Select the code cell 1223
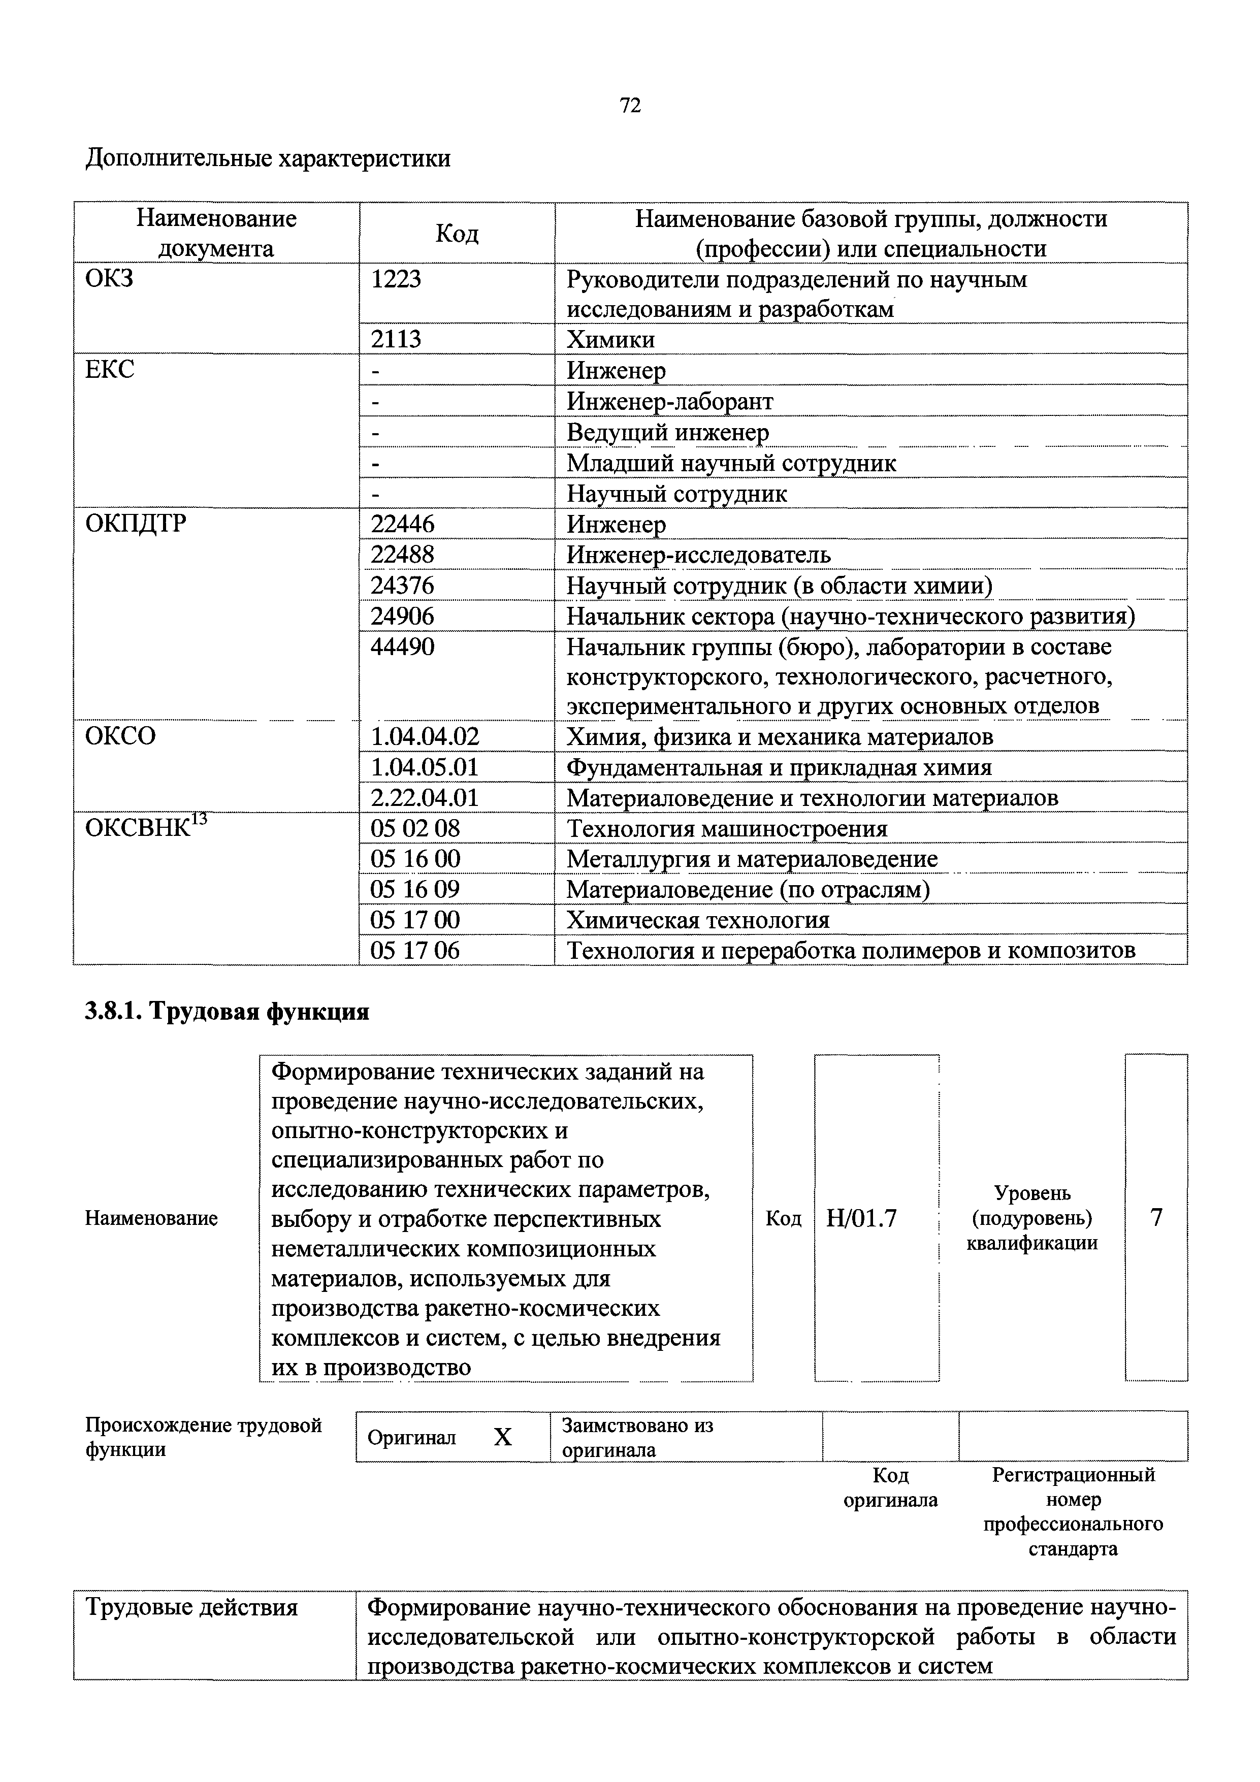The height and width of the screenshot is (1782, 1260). [x=396, y=279]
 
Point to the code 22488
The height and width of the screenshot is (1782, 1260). [x=402, y=554]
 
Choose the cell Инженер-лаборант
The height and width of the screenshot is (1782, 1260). [x=669, y=401]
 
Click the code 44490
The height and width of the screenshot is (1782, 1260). [x=402, y=646]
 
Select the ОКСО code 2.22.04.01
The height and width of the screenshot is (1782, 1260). [x=425, y=797]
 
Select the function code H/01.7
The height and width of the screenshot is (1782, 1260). [x=861, y=1218]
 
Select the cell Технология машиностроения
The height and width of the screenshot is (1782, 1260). [x=727, y=828]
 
